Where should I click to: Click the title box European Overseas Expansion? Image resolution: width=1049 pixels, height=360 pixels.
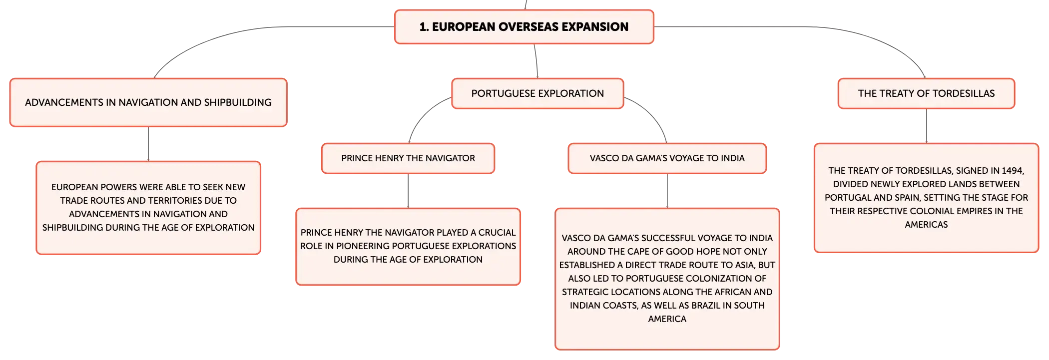(524, 27)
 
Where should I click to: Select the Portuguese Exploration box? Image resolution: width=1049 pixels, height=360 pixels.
(537, 93)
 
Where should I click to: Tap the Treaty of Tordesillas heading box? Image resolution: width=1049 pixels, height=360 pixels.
(926, 93)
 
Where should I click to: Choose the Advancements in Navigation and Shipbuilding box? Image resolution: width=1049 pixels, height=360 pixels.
(148, 102)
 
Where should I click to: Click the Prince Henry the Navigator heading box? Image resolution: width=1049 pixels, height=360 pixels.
(408, 158)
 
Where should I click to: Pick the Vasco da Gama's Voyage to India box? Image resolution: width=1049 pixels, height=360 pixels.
(667, 158)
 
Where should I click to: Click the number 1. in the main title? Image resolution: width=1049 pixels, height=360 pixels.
(424, 27)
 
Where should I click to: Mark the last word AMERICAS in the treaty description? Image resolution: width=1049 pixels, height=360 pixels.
(926, 225)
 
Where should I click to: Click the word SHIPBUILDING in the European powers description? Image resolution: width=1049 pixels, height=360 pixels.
(70, 228)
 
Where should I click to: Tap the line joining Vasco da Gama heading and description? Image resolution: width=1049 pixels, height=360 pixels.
(667, 191)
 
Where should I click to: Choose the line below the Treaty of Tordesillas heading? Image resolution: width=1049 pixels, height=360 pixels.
(927, 126)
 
